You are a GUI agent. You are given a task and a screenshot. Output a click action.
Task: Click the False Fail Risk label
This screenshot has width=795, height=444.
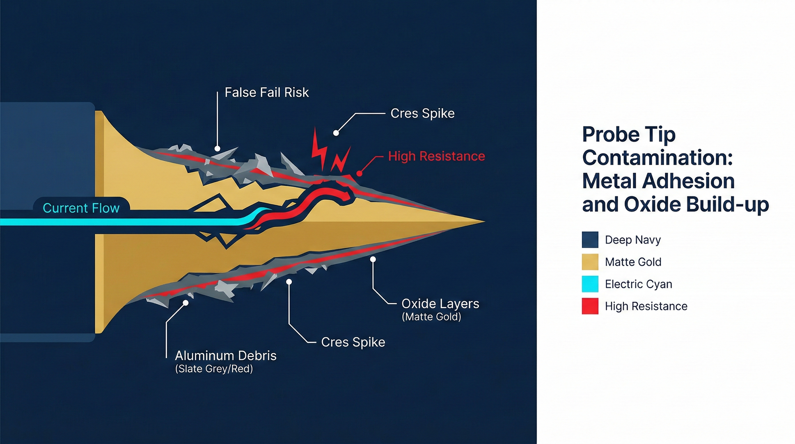[x=267, y=93]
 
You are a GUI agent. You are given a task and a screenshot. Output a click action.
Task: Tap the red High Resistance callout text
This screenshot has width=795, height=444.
[x=436, y=156]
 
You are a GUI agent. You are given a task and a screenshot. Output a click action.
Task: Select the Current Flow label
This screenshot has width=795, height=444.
[x=81, y=208]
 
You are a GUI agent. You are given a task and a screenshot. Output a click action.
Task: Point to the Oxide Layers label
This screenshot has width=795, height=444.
[x=440, y=304]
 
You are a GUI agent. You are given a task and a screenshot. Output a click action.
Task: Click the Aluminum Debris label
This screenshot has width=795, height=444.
[x=226, y=356]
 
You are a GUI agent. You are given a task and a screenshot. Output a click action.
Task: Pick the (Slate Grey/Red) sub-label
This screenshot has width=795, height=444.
[x=214, y=369]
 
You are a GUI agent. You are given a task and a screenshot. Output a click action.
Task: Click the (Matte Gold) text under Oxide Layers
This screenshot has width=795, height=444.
[x=432, y=317]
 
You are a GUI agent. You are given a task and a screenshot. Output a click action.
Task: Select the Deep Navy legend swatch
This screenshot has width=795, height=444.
[x=590, y=240]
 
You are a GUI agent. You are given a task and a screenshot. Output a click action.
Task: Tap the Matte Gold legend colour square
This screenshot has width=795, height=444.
[x=590, y=262]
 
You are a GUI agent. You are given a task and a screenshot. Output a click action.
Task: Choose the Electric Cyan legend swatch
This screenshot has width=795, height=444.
[x=590, y=284]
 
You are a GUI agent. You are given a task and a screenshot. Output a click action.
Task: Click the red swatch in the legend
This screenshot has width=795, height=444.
[x=590, y=306]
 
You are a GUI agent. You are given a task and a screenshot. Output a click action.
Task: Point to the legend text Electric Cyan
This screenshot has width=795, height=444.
[x=638, y=284]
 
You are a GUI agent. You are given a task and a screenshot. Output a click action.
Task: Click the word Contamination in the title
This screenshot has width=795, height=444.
[x=657, y=158]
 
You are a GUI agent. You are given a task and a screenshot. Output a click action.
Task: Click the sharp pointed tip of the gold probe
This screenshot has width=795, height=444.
[x=485, y=221]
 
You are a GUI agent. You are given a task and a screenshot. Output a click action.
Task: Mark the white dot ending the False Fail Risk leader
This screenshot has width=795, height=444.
[x=217, y=149]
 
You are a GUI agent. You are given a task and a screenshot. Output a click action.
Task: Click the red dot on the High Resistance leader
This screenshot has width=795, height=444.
[x=359, y=173]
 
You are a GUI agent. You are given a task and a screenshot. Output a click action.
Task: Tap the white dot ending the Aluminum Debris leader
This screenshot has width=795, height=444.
[x=185, y=303]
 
